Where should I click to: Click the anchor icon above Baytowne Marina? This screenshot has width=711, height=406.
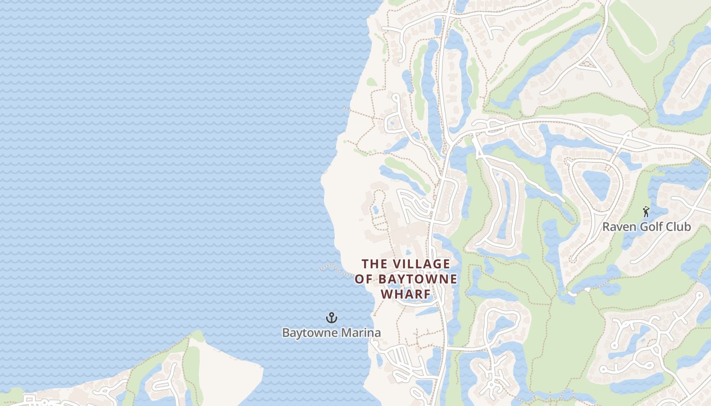[331, 318]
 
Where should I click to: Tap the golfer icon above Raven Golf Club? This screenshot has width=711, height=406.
[646, 212]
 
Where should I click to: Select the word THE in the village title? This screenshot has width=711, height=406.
[375, 264]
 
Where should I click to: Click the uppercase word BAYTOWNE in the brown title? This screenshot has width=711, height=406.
[417, 279]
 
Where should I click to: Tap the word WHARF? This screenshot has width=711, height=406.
[406, 294]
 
